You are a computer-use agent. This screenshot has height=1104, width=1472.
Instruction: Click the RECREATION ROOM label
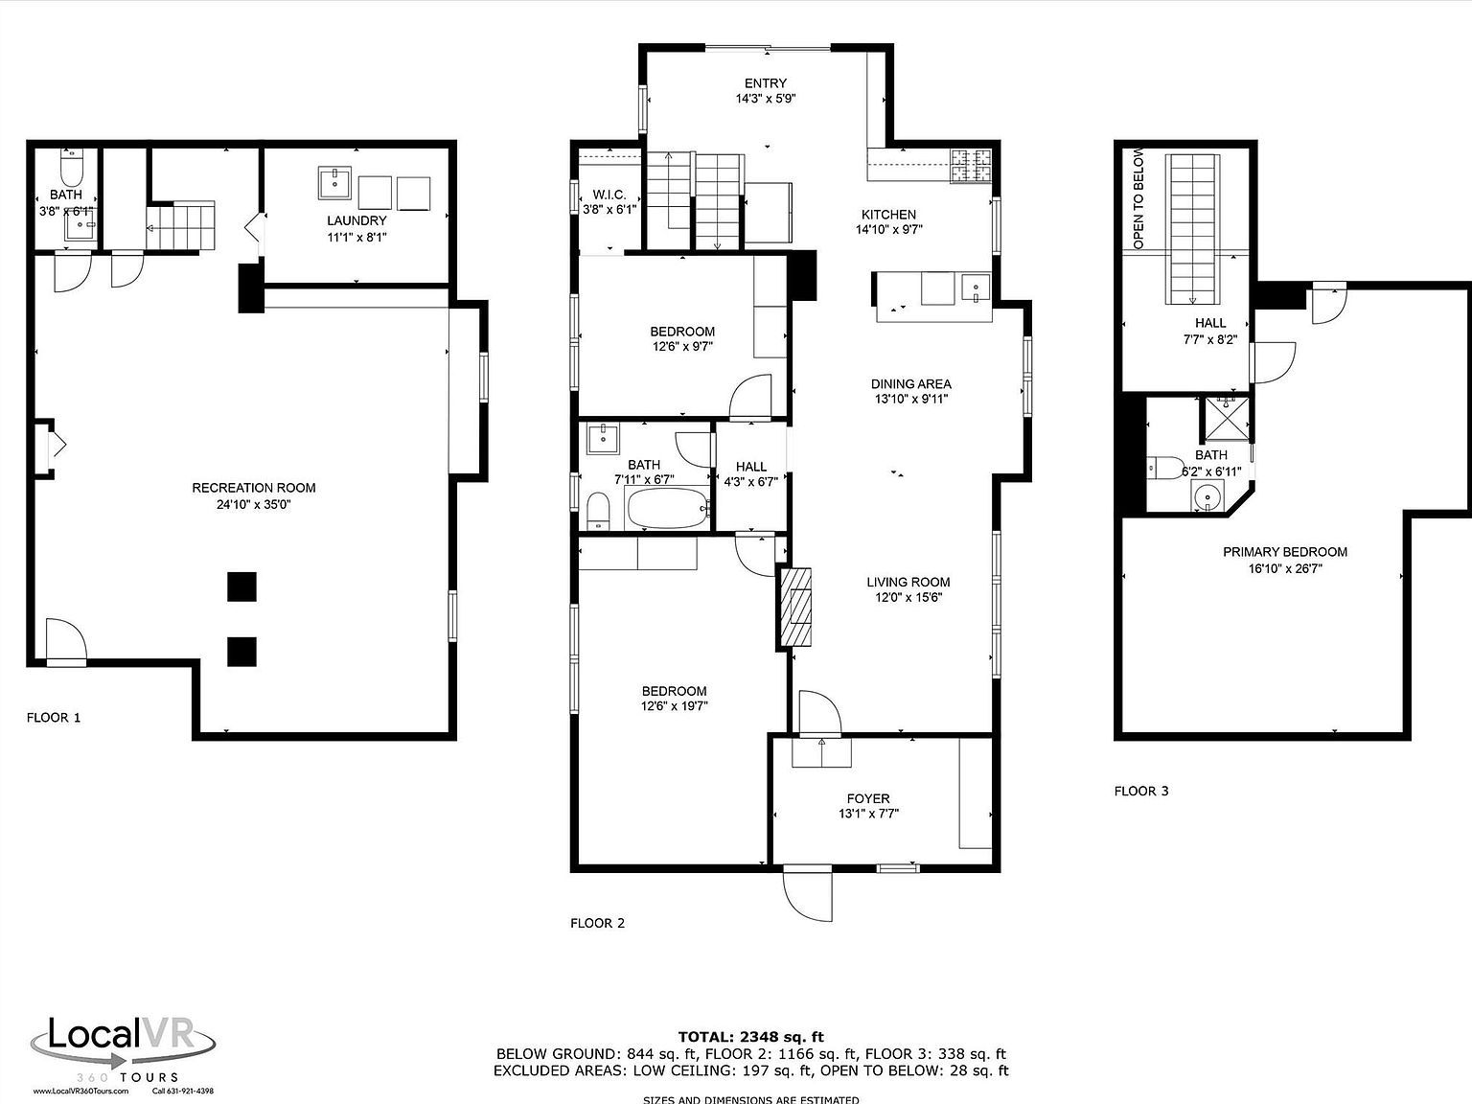[x=253, y=488]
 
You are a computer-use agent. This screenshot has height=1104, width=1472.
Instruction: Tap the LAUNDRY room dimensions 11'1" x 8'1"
[x=356, y=237]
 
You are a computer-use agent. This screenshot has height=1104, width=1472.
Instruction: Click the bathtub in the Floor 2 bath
[x=667, y=508]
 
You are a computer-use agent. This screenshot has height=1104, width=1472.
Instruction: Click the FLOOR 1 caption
[x=54, y=717]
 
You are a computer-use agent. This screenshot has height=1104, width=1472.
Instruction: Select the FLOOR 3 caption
[x=1140, y=791]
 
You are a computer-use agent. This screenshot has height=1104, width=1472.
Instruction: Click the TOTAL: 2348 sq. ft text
[x=750, y=1036]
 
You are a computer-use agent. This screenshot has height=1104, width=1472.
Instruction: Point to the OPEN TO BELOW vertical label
[x=1138, y=198]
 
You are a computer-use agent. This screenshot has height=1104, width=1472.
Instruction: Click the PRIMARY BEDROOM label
[x=1284, y=552]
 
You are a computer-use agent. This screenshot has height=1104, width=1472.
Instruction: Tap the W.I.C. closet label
[x=609, y=195]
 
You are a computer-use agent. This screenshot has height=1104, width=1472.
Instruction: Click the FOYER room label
[x=867, y=798]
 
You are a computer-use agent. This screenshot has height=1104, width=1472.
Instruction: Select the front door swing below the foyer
[x=807, y=893]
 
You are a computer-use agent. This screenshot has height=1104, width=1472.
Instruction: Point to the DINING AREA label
[x=910, y=384]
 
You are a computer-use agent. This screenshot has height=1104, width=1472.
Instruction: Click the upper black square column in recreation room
[x=241, y=586]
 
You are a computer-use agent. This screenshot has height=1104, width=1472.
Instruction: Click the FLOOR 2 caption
[x=597, y=923]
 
